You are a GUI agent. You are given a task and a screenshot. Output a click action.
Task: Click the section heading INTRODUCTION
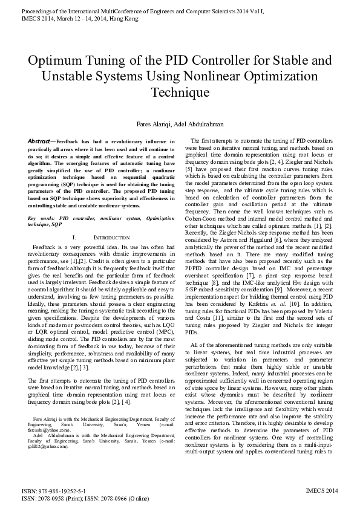113,238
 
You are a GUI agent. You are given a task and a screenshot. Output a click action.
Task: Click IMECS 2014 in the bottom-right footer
322,491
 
